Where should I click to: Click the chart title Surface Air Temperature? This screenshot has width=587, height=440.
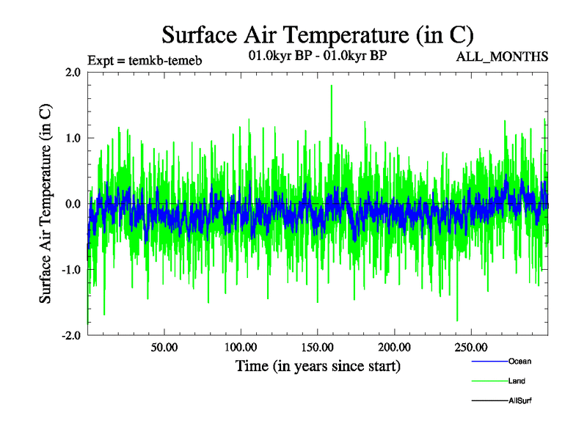[318, 34]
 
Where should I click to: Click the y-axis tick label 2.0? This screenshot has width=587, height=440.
[73, 72]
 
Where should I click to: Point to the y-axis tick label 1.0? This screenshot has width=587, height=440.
[73, 138]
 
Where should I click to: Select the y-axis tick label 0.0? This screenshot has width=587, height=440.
[73, 204]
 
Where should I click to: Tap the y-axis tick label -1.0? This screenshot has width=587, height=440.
[71, 270]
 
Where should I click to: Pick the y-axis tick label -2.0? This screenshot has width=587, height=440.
[71, 336]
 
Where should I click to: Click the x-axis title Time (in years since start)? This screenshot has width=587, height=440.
[318, 365]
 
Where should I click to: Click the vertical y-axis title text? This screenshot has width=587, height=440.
[45, 204]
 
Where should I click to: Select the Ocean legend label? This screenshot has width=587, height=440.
[519, 361]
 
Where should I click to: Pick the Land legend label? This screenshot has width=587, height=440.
[517, 381]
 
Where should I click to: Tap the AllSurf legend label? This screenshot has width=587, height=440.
[520, 400]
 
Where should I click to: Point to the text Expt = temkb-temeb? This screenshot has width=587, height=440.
[145, 60]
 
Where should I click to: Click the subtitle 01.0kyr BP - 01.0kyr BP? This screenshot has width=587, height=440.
[318, 55]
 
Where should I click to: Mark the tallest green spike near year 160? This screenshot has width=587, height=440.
[332, 87]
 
